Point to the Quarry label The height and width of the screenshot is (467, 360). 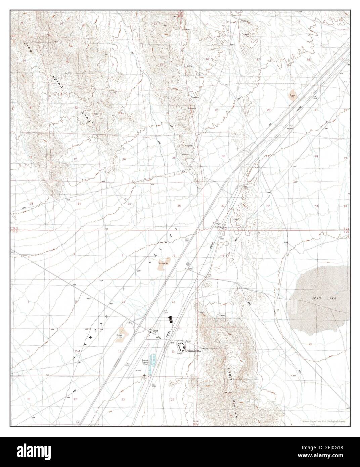click(189, 66)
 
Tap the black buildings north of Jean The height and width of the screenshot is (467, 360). click(170, 319)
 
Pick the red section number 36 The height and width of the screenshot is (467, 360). click(179, 206)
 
